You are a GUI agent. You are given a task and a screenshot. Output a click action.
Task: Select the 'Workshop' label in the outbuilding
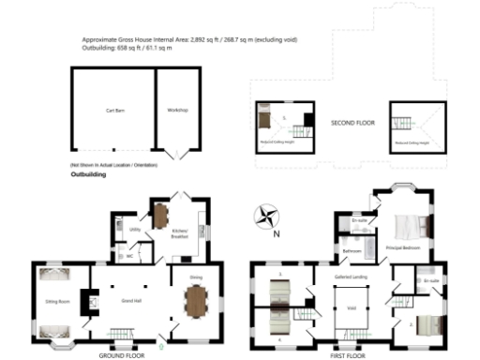click(177, 111)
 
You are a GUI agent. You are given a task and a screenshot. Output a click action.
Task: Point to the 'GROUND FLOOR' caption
click(121, 355)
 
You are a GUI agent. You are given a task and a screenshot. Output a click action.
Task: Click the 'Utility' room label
click(135, 229)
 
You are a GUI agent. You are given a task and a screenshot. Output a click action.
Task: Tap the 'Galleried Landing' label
click(352, 277)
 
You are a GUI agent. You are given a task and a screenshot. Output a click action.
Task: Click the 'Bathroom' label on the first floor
click(352, 251)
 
